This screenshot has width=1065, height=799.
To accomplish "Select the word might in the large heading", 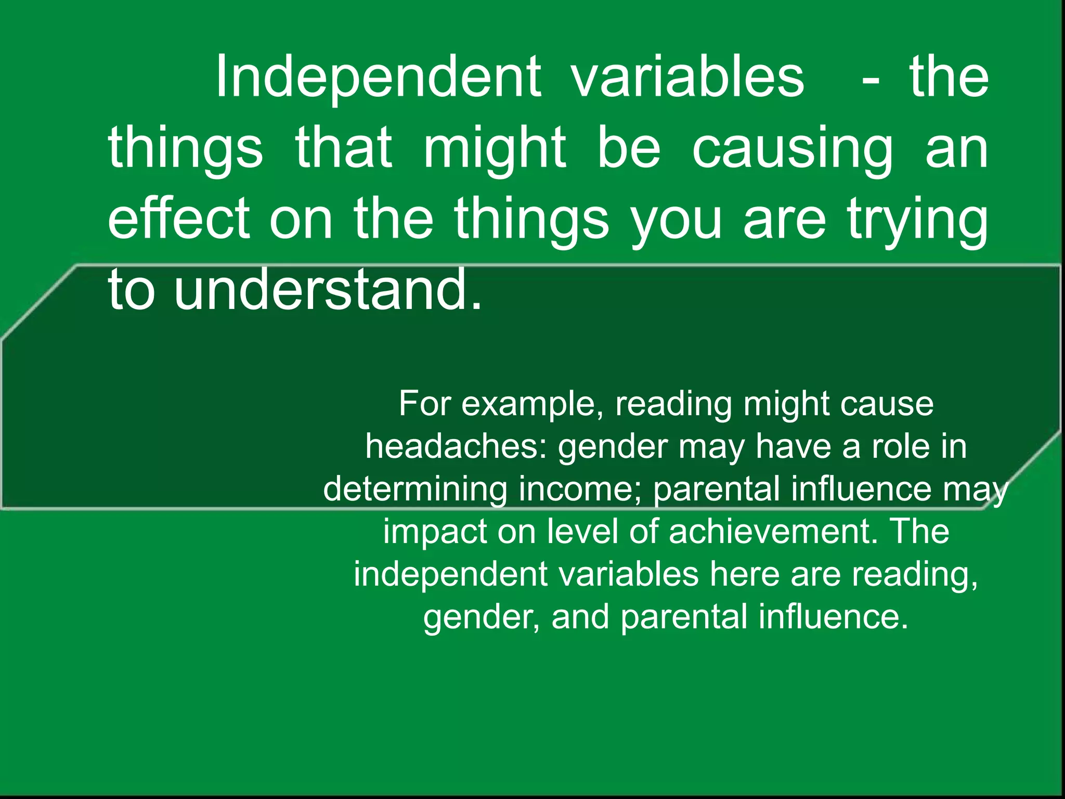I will [494, 149].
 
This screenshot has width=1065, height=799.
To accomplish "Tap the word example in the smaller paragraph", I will [532, 404].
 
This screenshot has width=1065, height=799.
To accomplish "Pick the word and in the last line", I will [580, 617].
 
